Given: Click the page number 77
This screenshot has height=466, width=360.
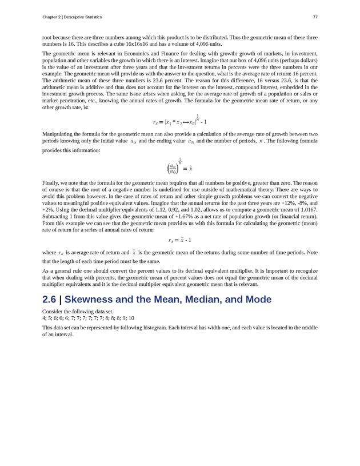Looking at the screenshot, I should [x=315, y=17].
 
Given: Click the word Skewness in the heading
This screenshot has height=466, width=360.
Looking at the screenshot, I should [x=88, y=300].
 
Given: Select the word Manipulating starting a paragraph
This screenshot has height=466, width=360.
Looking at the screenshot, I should [x=59, y=134].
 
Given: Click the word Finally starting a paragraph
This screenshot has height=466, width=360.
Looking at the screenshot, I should [x=51, y=183].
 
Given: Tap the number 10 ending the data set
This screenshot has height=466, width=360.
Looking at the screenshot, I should [x=131, y=317].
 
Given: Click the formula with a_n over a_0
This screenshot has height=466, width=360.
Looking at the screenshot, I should [x=181, y=168].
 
